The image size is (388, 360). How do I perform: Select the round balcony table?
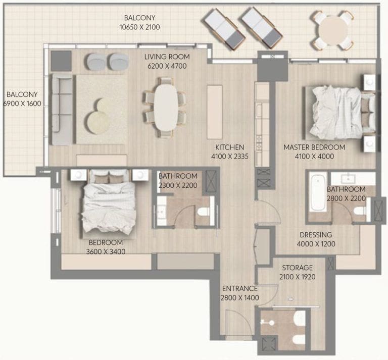tap(332, 31)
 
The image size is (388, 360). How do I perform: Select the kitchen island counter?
tap(214, 112)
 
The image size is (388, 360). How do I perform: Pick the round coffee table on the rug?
tap(98, 121)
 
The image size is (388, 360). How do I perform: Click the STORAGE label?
tap(297, 268)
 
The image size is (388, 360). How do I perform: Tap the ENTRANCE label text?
tap(240, 289)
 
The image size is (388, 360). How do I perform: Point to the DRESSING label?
tap(316, 235)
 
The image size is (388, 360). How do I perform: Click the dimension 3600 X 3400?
tap(107, 251)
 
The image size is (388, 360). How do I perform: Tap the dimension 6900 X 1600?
tap(21, 104)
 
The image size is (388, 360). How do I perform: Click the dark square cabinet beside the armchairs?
tap(62, 61)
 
